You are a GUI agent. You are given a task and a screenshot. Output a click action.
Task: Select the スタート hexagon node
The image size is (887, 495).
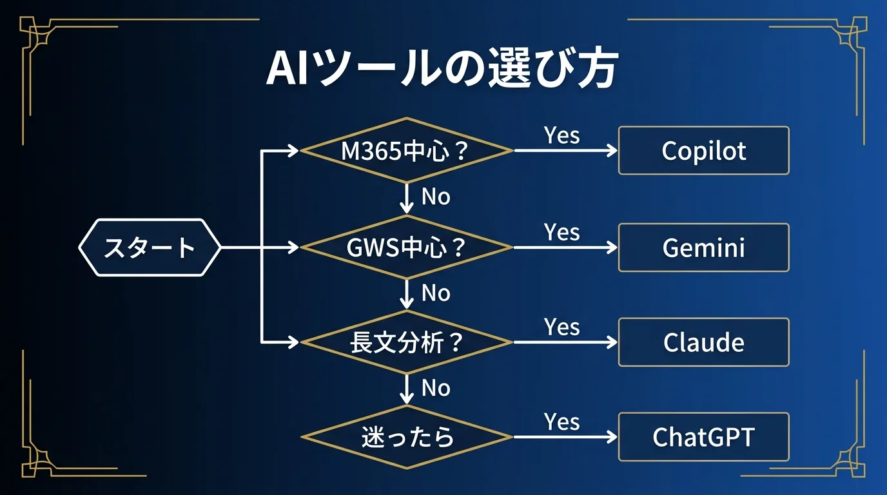tap(150, 247)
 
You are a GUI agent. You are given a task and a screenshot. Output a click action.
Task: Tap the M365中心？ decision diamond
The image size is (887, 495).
tap(406, 151)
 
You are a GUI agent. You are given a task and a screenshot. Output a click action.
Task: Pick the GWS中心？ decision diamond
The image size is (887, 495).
tap(406, 247)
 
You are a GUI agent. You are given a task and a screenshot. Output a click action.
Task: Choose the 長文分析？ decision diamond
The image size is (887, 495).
tap(406, 342)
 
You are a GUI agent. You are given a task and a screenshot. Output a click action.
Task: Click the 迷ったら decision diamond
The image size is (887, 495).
tap(406, 438)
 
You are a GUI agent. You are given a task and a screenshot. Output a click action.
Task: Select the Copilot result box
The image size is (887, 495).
tap(703, 151)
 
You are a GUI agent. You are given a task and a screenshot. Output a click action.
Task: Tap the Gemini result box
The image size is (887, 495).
tap(703, 247)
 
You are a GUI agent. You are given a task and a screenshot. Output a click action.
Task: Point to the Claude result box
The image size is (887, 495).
tap(703, 342)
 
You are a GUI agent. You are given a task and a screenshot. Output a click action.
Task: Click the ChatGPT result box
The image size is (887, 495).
tap(703, 438)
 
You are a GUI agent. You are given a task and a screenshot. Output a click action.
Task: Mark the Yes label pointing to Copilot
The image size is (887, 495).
tap(561, 135)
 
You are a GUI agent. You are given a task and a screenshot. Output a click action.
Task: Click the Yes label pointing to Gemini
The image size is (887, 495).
tap(561, 232)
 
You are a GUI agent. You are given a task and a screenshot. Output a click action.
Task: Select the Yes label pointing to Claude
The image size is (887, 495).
tap(561, 327)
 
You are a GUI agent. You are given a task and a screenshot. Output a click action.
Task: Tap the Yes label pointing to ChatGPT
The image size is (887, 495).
tap(561, 422)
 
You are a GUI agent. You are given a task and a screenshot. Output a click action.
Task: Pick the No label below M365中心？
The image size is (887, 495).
tap(436, 197)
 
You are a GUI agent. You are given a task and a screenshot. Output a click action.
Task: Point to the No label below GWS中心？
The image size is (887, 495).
tap(436, 293)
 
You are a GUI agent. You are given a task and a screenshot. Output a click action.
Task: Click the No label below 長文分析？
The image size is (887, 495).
tap(436, 388)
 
